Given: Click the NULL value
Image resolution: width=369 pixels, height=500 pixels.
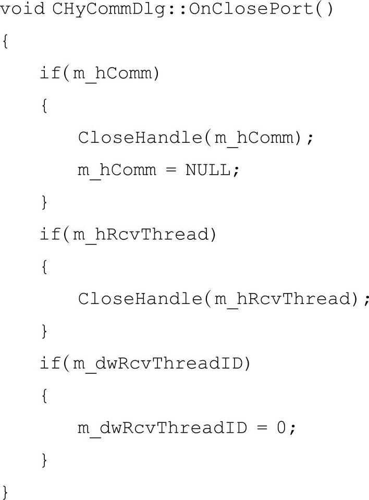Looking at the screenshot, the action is coord(208,170).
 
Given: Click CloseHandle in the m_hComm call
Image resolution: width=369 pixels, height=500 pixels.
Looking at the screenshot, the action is coord(137,138).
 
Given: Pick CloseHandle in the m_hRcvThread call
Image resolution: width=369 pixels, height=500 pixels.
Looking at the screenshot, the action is coord(137,299).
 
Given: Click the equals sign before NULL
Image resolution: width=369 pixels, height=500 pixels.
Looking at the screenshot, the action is coord(170,170).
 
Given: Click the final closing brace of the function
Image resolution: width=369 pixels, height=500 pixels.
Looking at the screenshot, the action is coord(5,491).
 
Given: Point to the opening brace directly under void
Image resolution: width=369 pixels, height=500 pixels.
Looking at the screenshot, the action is coord(5,42).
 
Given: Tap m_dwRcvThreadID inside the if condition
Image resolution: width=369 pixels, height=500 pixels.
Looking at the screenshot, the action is coord(157,363).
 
